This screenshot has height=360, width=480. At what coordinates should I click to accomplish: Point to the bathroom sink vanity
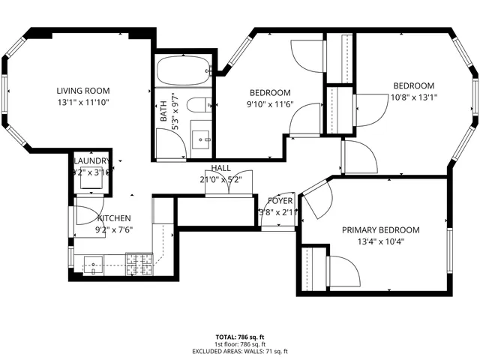[x=201, y=139]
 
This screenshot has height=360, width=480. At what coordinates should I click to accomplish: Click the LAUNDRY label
[x=91, y=160]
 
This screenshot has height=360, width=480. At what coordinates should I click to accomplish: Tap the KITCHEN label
[x=114, y=218]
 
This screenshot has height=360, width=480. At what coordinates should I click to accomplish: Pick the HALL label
[x=221, y=168]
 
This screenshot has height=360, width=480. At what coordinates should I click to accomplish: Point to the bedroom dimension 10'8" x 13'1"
[x=414, y=97]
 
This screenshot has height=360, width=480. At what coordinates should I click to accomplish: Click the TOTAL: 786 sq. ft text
[x=240, y=338]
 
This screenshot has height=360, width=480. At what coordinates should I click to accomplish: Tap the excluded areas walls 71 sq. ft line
[x=240, y=351]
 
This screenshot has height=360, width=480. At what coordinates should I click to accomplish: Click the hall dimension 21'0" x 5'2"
[x=221, y=179]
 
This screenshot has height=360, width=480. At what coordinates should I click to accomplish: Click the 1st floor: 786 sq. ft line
[x=240, y=345]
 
